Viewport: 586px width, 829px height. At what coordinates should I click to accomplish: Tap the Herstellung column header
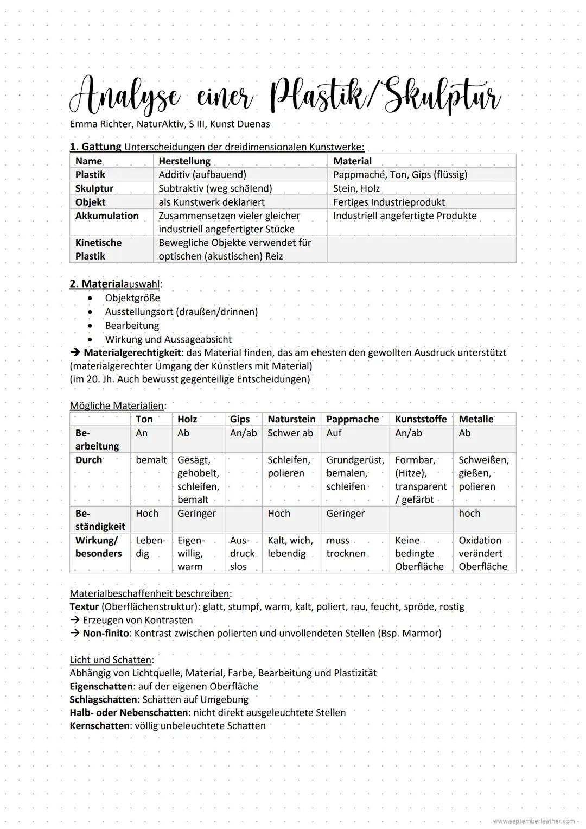point(184,161)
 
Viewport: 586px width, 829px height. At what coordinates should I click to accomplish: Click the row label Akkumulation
point(107,216)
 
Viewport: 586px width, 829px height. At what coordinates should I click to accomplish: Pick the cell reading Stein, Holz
point(356,188)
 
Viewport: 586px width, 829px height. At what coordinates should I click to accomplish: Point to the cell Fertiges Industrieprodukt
point(388,202)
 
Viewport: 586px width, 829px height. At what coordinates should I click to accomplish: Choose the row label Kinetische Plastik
point(98,249)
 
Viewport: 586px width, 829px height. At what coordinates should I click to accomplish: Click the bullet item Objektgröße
point(132,298)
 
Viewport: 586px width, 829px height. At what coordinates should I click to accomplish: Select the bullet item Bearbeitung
point(132,326)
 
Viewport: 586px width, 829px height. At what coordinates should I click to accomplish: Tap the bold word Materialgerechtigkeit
point(132,352)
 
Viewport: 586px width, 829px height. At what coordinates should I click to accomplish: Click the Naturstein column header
point(291,419)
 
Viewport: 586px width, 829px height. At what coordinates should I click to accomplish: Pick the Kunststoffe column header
point(421,419)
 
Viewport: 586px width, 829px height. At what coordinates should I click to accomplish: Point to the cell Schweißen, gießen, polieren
point(483,473)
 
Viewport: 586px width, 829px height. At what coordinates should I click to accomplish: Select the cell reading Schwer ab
point(290,433)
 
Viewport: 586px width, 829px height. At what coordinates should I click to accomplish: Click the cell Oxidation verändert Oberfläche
point(483,553)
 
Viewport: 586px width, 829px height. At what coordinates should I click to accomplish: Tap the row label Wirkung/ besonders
point(98,547)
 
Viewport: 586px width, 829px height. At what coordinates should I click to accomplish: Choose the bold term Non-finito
point(106,633)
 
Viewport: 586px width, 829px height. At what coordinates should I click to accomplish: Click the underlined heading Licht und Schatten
point(111,660)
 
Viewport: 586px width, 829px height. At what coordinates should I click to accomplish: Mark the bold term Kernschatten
point(99,726)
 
